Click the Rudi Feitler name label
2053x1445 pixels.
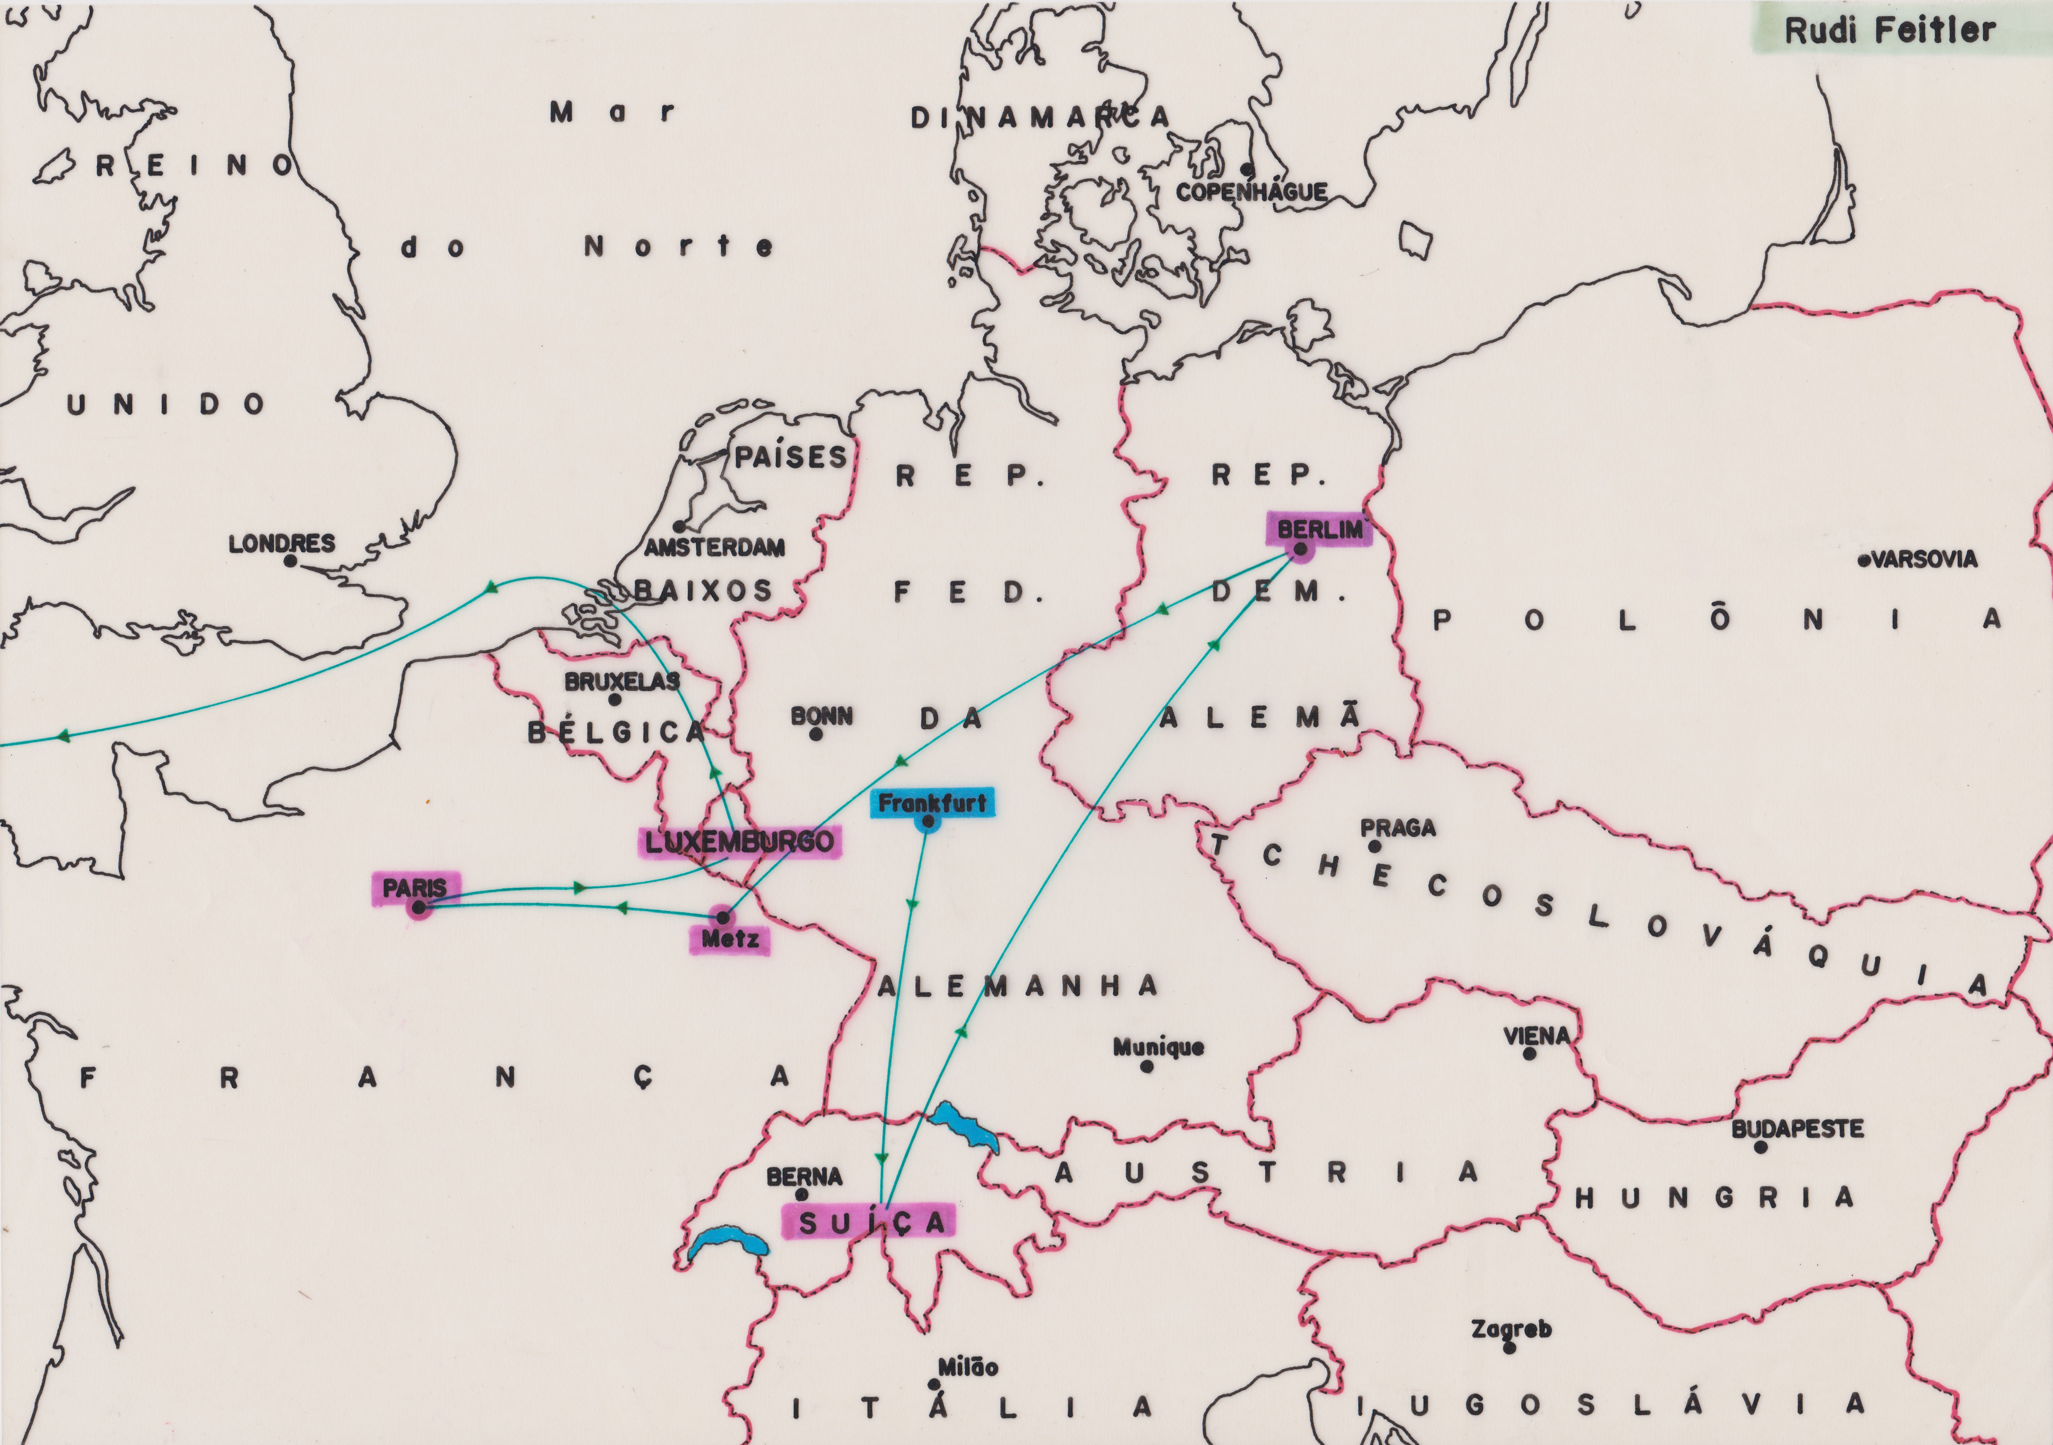1888,30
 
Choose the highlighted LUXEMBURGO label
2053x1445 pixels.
739,842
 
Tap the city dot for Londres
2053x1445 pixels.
290,561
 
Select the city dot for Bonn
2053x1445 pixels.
815,734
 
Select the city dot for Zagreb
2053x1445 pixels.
1509,1348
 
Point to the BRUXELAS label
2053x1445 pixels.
622,681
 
